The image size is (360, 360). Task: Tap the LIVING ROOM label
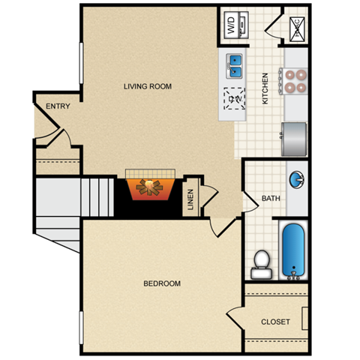(x=148, y=86)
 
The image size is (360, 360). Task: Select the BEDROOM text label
(x=162, y=283)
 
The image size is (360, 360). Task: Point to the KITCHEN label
(x=265, y=88)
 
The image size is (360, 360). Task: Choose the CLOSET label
(x=275, y=322)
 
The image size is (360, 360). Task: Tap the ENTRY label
(x=58, y=106)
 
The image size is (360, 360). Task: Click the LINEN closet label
(x=190, y=197)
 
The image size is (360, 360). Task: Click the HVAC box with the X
(x=295, y=28)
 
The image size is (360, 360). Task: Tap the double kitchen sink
(x=235, y=66)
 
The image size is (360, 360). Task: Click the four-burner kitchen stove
(x=293, y=80)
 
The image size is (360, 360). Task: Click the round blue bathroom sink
(x=297, y=180)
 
